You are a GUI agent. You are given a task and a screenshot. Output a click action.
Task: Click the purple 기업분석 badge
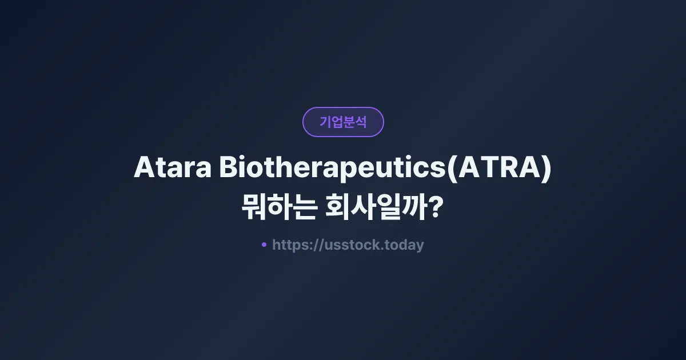coord(343,122)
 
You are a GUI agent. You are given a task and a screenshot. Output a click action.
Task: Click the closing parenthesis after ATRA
coord(546,169)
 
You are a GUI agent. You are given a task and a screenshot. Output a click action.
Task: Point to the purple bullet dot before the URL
coord(264,245)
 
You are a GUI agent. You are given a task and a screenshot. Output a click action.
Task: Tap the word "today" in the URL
coord(404,245)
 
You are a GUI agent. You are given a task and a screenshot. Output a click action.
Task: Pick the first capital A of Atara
coord(143,169)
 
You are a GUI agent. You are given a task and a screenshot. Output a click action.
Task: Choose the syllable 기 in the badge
coord(325,122)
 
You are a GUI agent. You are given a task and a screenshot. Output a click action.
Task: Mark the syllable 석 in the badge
coord(361,122)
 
